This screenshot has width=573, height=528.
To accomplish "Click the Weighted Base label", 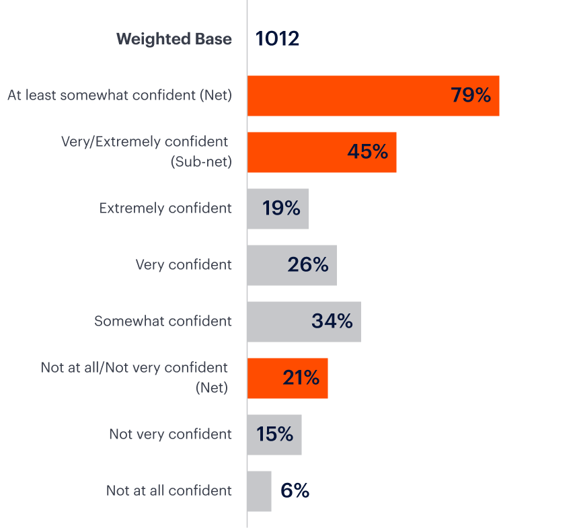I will pyautogui.click(x=174, y=39).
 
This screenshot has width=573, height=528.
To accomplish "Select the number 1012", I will pyautogui.click(x=277, y=39).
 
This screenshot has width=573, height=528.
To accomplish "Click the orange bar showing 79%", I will pyautogui.click(x=350, y=96).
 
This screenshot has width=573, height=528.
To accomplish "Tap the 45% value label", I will pyautogui.click(x=367, y=152).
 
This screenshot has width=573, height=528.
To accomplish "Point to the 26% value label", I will pyautogui.click(x=307, y=265).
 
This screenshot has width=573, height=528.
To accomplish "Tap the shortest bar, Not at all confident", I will pyautogui.click(x=259, y=491).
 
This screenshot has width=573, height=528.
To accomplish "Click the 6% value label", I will pyautogui.click(x=295, y=491).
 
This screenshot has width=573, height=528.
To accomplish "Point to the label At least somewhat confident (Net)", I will pyautogui.click(x=120, y=96).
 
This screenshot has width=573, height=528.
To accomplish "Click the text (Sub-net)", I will pyautogui.click(x=201, y=161).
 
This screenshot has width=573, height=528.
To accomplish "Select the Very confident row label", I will pyautogui.click(x=184, y=265).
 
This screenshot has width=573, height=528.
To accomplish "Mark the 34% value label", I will pyautogui.click(x=332, y=322).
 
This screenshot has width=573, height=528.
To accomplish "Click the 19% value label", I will pyautogui.click(x=281, y=209).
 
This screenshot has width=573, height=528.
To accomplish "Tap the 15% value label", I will pyautogui.click(x=274, y=435).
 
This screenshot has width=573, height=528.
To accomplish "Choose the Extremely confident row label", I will pyautogui.click(x=165, y=209).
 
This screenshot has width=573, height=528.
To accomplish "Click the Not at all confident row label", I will pyautogui.click(x=169, y=491).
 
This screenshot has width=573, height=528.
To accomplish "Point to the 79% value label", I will pyautogui.click(x=471, y=96).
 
